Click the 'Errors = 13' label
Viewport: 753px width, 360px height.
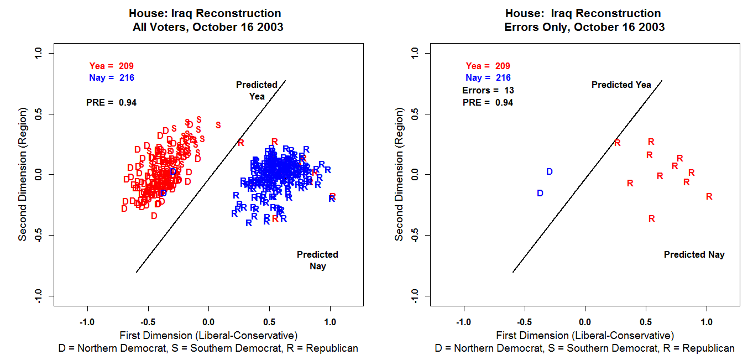488,90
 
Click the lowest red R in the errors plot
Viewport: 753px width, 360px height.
651,219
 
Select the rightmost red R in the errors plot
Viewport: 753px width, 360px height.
709,196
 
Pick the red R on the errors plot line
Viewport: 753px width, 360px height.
617,143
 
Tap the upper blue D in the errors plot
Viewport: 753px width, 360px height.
549,172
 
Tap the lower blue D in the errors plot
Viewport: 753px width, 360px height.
540,193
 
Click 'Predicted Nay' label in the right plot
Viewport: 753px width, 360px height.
694,255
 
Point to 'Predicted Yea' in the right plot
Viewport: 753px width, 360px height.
621,85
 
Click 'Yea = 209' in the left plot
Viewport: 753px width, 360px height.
111,66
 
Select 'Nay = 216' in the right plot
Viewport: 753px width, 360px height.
488,78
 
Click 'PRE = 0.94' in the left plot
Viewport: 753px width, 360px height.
111,102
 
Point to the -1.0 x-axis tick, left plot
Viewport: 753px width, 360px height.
87,322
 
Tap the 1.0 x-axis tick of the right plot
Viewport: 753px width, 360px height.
707,322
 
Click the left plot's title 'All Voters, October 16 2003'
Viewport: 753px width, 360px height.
208,27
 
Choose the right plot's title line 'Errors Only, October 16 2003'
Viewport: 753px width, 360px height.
584,27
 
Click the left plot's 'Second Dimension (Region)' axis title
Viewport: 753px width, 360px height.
23,175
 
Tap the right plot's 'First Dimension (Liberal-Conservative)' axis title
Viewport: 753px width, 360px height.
585,335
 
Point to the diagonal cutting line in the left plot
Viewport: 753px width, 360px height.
210,177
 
